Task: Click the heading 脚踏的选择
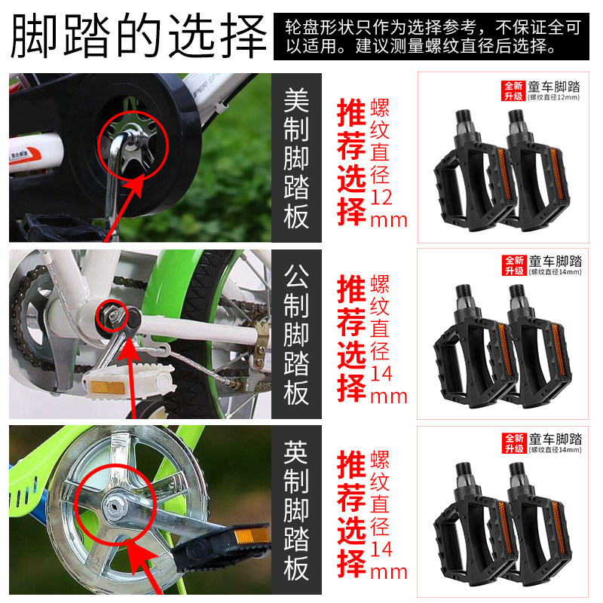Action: (139, 35)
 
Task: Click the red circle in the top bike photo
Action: (132, 143)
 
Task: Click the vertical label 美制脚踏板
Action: (296, 158)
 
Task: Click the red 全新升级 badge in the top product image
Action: (513, 90)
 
